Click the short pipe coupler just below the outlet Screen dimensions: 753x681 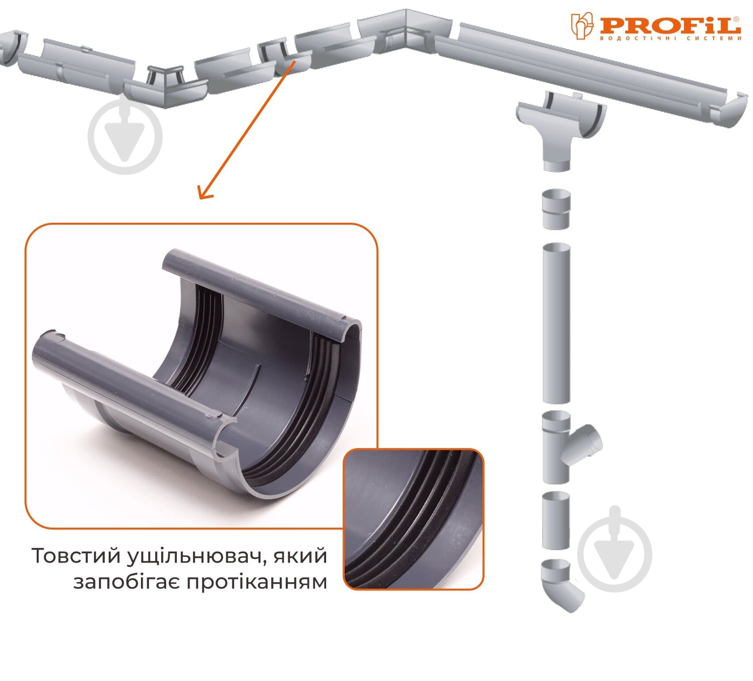point(556,209)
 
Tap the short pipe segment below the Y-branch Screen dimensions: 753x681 point(556,520)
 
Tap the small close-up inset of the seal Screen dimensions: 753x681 point(414,519)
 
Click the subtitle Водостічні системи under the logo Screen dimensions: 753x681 point(670,38)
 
